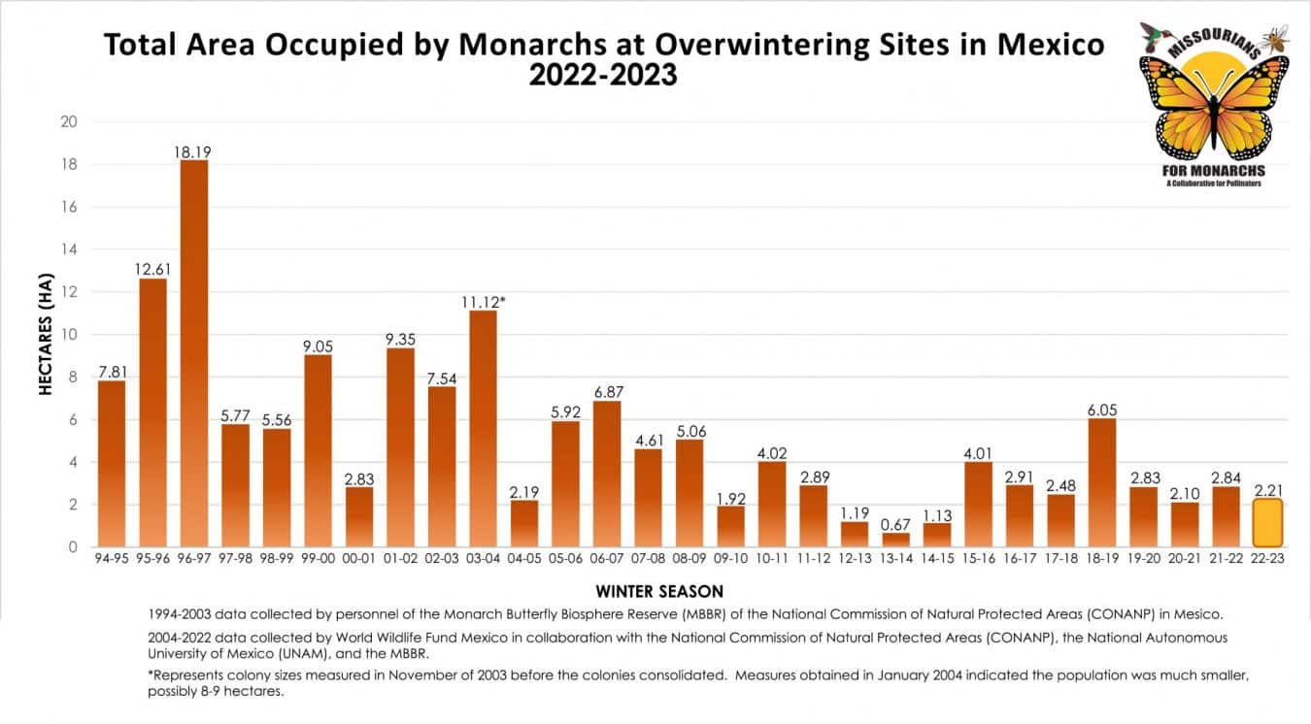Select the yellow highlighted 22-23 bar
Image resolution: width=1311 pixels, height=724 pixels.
point(1267,523)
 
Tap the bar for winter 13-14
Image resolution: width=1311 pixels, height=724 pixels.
point(895,540)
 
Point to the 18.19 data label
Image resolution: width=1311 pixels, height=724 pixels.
point(194,151)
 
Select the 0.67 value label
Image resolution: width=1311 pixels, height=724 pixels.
point(895,524)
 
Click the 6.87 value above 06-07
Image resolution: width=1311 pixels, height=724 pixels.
point(607,392)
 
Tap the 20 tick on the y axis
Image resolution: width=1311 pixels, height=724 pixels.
point(68,122)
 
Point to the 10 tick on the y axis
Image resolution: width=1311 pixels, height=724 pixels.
point(68,335)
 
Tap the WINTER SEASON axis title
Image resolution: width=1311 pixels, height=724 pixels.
point(659,591)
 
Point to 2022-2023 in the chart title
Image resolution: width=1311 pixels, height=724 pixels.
point(602,76)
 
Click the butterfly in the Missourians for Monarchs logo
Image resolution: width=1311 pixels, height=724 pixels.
point(1214,107)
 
